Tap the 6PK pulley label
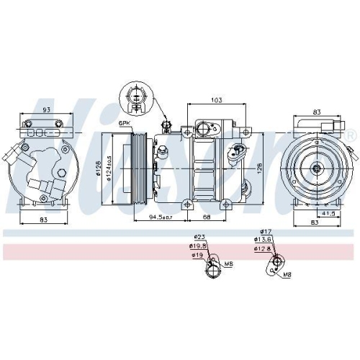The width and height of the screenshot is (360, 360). point(125,125)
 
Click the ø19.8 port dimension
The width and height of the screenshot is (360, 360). point(199,246)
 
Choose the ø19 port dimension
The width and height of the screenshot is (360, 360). point(197,255)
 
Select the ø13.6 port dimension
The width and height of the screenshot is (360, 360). point(263,240)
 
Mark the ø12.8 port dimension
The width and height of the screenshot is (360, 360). point(263,249)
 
